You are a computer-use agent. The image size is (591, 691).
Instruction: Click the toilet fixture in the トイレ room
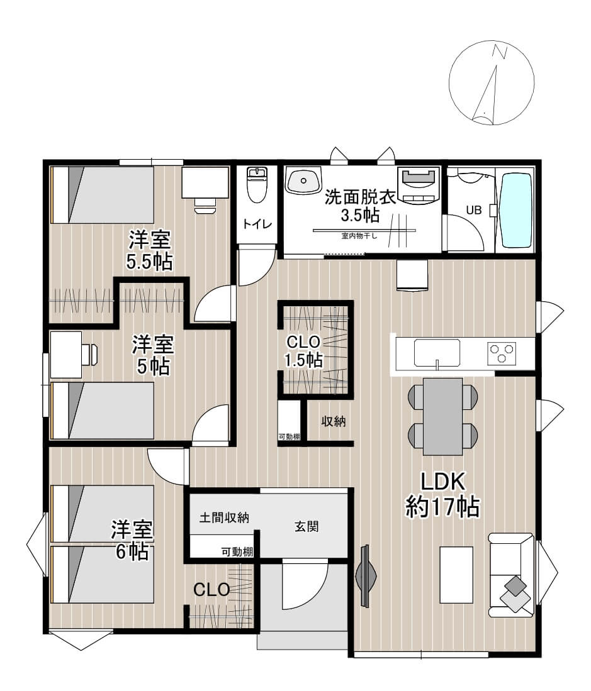[257, 184]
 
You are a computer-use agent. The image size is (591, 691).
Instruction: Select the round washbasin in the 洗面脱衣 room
[303, 180]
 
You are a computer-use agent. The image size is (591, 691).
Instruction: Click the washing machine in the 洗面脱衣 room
[419, 185]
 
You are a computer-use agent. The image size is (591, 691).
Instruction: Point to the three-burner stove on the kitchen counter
[502, 353]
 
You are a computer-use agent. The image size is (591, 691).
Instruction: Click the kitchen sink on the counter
[437, 353]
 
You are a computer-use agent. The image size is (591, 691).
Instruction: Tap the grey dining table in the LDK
[443, 416]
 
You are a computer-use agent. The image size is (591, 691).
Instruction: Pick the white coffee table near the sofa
[456, 575]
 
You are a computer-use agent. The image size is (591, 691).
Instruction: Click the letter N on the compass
[500, 52]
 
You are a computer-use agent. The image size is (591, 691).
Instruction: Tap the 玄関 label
[307, 526]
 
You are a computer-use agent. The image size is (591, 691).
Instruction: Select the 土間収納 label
[224, 517]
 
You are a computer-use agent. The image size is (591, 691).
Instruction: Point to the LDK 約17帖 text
[442, 494]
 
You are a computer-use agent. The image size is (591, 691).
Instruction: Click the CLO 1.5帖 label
[303, 351]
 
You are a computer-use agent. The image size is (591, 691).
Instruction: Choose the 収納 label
[333, 421]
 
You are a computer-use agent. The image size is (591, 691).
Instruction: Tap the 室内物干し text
[359, 236]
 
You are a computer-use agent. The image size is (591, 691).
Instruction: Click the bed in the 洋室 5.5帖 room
[103, 195]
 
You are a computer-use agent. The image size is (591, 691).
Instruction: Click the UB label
[474, 210]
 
